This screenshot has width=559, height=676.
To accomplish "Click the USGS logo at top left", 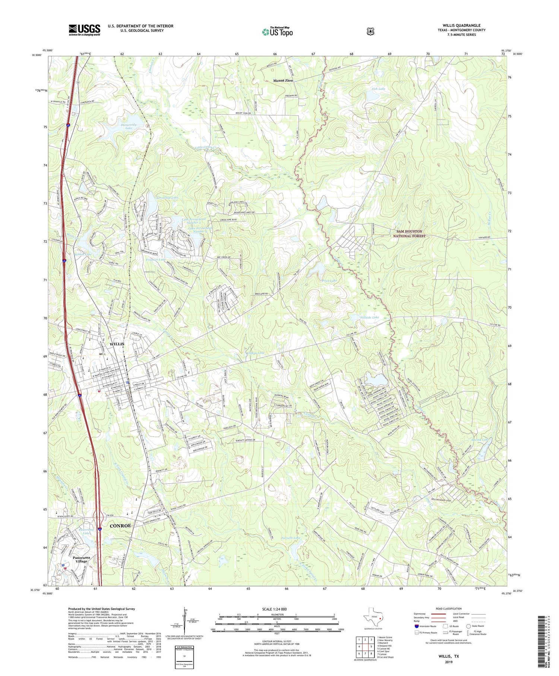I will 84,30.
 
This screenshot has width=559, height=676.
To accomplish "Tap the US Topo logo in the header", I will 277,32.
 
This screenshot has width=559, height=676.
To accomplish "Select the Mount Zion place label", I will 283,81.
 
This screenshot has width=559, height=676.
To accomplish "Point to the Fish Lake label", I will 378,89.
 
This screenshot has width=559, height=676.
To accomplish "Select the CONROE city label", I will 120,525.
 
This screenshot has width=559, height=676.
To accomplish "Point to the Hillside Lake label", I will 367,317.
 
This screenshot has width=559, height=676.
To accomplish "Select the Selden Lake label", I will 83,254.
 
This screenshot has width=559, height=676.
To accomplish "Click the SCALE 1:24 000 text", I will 274,609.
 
